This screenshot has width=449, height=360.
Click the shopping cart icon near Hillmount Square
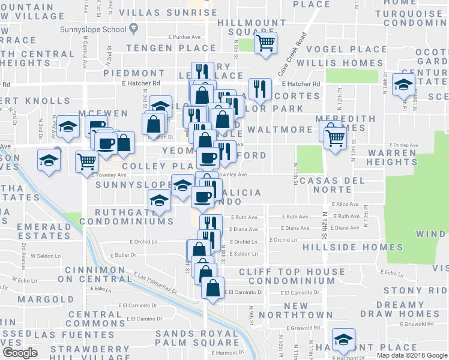point(265,43)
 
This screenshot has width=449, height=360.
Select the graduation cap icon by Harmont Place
point(343,340)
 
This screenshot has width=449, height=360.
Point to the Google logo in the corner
point(20,353)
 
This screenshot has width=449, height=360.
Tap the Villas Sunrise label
point(167,12)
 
